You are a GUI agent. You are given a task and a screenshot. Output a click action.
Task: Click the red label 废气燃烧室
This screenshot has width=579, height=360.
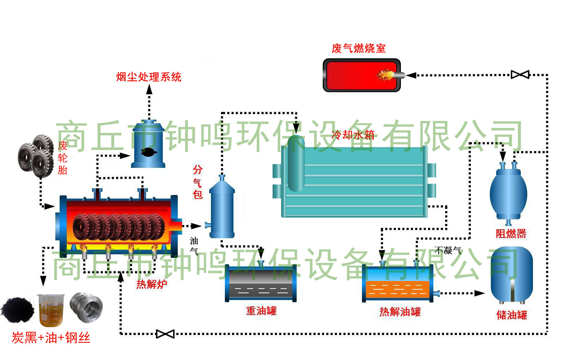358,48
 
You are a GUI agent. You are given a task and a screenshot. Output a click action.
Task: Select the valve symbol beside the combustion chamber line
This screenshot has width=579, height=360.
520,75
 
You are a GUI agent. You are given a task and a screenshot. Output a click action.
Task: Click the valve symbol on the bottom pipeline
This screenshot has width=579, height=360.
165,334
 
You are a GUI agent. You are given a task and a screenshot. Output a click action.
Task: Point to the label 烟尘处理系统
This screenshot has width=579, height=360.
149,77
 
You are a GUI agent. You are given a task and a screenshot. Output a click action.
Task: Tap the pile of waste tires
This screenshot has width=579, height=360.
36,156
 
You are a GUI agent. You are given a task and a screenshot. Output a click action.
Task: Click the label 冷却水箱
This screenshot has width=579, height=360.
353,135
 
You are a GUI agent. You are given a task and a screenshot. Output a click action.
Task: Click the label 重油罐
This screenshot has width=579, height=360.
261,311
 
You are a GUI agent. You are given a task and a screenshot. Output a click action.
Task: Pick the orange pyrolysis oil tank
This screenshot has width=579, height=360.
398,284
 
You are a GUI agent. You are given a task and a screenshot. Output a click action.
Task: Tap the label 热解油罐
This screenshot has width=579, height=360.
400,312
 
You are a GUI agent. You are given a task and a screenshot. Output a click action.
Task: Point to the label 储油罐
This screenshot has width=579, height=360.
512,315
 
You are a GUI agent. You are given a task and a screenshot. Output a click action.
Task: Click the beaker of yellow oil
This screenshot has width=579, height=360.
50,310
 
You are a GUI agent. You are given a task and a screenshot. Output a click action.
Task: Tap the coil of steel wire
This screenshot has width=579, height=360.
86,307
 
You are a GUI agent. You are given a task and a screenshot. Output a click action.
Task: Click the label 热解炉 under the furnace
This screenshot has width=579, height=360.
151,284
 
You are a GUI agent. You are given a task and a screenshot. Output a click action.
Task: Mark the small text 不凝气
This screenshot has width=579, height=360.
448,250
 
